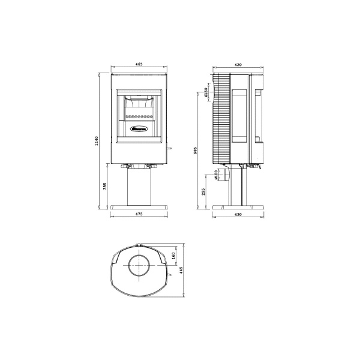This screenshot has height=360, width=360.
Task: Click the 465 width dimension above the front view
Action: tap(139, 63)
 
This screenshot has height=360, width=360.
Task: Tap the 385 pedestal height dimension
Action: tap(105, 187)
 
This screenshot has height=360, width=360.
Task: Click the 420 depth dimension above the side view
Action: tap(238, 63)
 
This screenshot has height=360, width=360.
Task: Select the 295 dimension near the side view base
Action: tap(204, 191)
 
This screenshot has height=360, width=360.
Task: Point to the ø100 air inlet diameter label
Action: tap(215, 175)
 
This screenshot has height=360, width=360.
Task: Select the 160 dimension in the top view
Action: tap(173, 256)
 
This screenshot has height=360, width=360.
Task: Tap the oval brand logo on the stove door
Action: tap(139, 127)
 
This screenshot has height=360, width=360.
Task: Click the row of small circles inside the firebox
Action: tap(139, 115)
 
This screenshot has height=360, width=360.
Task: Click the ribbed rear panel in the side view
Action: tap(221, 117)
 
